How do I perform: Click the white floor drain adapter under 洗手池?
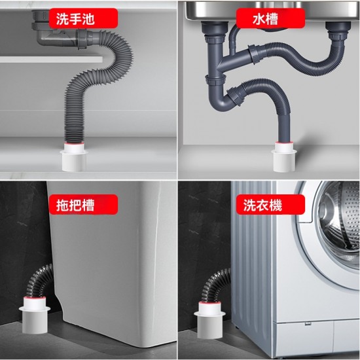point(75,157)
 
